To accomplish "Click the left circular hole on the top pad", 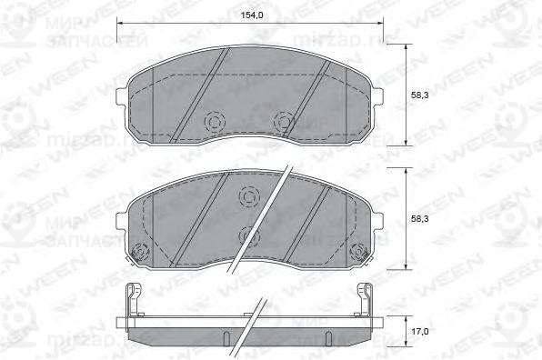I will [215, 120].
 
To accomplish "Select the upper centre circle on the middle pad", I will [247, 196].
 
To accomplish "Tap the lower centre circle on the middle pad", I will [247, 236].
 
